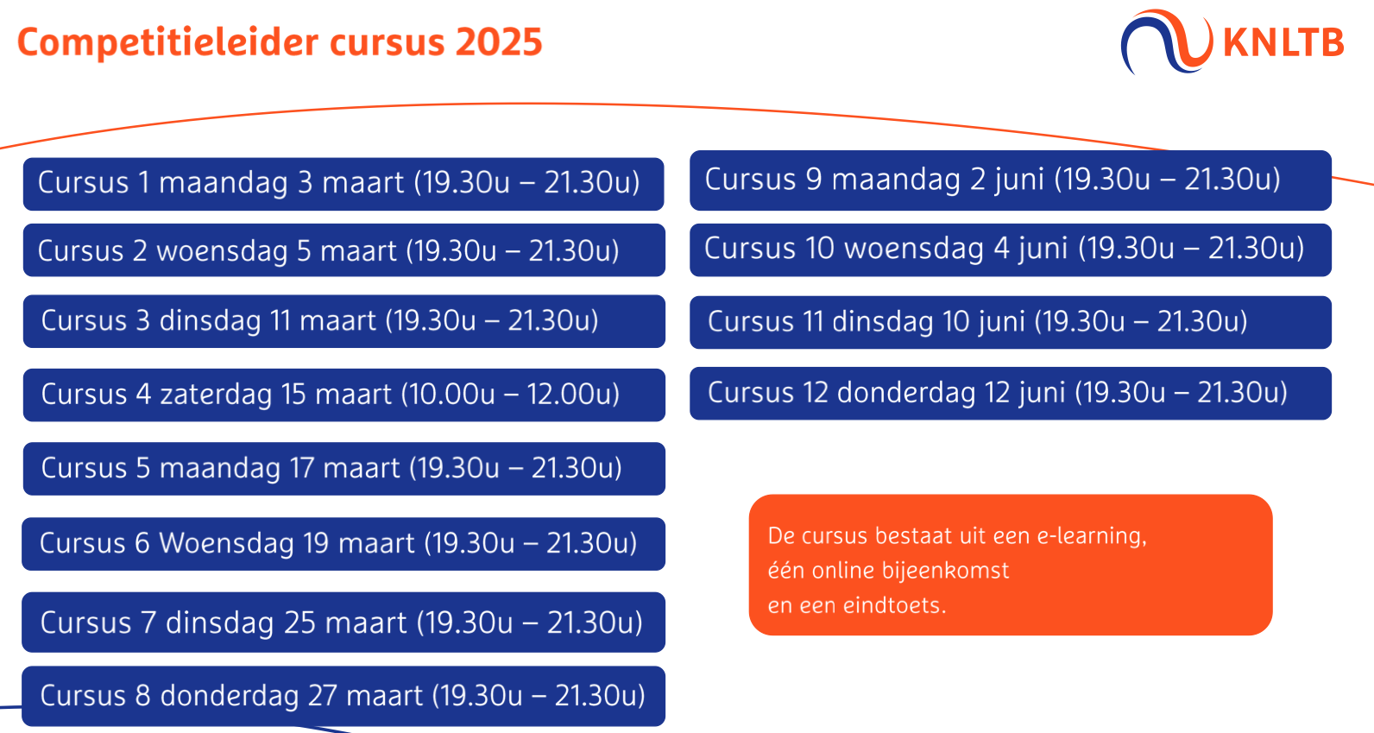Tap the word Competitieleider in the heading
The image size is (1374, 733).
(x=167, y=43)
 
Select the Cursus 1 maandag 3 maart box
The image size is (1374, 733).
(x=343, y=184)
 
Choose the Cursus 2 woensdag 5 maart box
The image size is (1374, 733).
(x=344, y=250)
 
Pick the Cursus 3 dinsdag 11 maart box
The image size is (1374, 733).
(x=344, y=321)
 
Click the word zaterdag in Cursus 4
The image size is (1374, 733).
(x=215, y=395)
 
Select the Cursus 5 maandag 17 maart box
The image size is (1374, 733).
(x=344, y=469)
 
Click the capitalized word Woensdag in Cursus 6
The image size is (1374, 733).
(x=226, y=543)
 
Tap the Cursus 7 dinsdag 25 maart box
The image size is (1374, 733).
(x=343, y=622)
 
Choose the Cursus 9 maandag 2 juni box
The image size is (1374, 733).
(x=1011, y=180)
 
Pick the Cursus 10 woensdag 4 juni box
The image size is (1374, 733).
(x=1011, y=250)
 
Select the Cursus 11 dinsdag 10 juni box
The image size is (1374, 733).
(x=1011, y=323)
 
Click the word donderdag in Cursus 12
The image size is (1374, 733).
(x=906, y=393)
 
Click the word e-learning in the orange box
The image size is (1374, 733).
(x=1092, y=537)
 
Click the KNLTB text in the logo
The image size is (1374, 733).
(x=1283, y=43)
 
